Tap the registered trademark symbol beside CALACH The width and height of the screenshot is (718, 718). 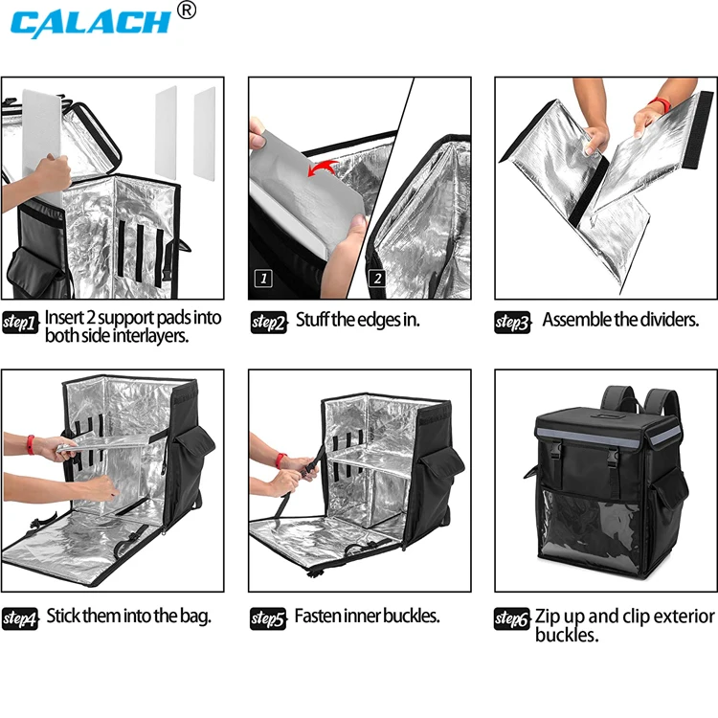click(187, 10)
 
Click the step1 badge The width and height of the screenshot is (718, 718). click(20, 323)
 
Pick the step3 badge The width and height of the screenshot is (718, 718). click(513, 323)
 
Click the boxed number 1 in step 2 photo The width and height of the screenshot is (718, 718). click(261, 279)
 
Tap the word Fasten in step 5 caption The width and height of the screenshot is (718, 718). click(319, 616)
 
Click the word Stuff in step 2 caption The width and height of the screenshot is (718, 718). click(312, 320)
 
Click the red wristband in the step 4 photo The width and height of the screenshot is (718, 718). click(31, 444)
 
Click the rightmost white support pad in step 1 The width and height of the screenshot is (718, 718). click(204, 133)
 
